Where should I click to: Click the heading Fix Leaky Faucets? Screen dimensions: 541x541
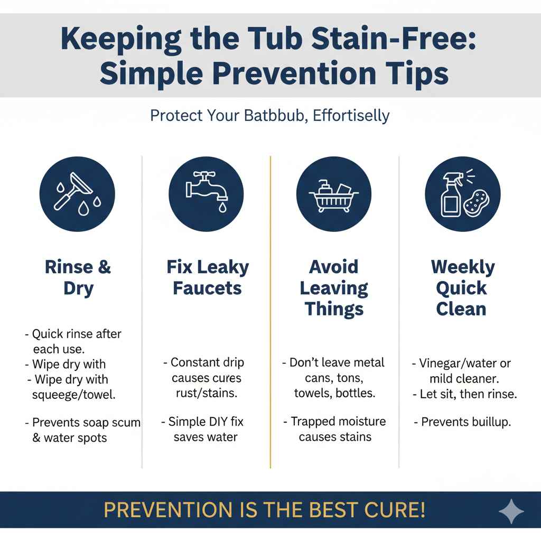pyautogui.click(x=208, y=277)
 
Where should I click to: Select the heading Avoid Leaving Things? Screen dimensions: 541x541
pyautogui.click(x=334, y=288)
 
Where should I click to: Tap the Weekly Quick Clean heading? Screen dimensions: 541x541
pyautogui.click(x=462, y=288)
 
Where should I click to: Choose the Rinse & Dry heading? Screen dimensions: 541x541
pyautogui.click(x=78, y=277)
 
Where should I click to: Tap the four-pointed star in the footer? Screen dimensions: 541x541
pyautogui.click(x=511, y=511)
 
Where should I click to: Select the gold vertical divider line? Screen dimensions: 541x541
pyautogui.click(x=270, y=312)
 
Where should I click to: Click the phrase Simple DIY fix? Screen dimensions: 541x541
pyautogui.click(x=206, y=422)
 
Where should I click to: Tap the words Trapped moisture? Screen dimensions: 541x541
pyautogui.click(x=338, y=422)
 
